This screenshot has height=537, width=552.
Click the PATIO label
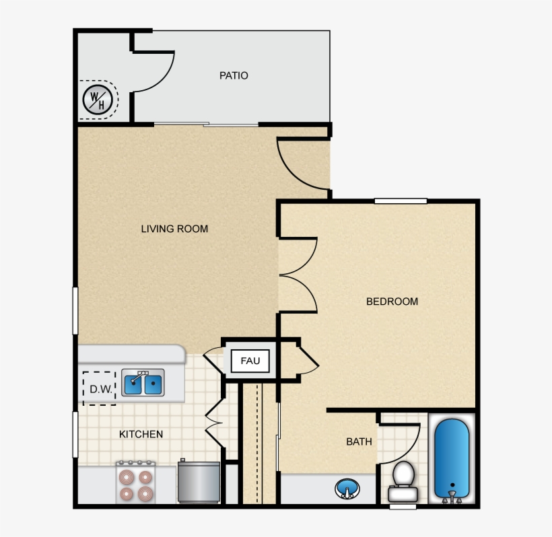tap(234, 75)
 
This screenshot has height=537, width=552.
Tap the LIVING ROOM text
tap(174, 229)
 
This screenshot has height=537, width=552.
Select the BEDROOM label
tap(392, 301)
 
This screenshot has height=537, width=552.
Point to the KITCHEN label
tap(141, 434)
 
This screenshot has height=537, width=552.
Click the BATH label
tap(359, 441)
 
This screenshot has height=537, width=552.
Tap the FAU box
tap(250, 361)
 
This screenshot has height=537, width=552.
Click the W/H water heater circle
tap(98, 100)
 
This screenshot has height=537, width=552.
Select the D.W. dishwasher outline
tap(99, 388)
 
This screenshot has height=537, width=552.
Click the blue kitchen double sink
tap(143, 382)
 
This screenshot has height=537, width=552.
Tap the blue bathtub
tap(452, 458)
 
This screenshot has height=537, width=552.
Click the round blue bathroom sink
tap(347, 489)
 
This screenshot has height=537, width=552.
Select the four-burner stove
tap(135, 482)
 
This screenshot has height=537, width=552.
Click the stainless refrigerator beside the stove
tap(199, 481)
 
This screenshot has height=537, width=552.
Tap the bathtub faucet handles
tap(452, 497)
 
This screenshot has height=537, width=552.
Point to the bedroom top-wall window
tap(401, 201)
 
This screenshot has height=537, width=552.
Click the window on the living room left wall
tap(75, 311)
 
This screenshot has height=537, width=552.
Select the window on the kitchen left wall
tap(75, 435)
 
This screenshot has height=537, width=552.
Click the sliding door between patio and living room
tap(206, 124)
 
